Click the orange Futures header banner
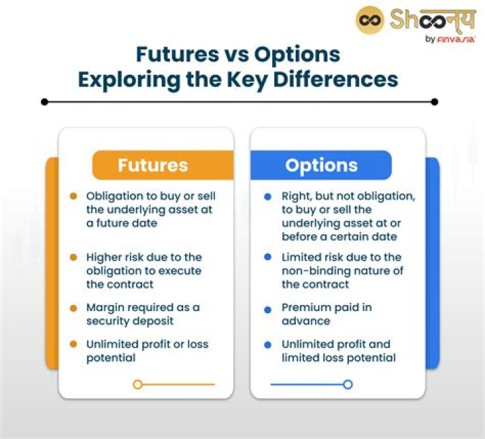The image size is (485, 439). (x=162, y=165)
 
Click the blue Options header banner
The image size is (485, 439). (x=321, y=165)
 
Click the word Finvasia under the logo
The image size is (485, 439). (x=458, y=39)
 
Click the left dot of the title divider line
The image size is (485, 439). (x=44, y=102)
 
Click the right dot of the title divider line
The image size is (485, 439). (x=434, y=102)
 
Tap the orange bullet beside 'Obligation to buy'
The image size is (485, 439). (x=73, y=196)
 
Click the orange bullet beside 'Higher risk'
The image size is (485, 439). (x=73, y=257)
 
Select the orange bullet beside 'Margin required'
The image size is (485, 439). (x=73, y=308)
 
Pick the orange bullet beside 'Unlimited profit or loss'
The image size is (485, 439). (x=73, y=344)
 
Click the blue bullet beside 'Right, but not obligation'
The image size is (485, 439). (x=267, y=196)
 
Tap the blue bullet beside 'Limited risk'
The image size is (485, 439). (x=267, y=257)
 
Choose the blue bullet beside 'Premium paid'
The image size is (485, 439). (x=267, y=308)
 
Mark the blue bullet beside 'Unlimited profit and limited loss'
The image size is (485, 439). (x=267, y=344)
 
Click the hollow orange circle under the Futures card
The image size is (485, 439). (x=137, y=384)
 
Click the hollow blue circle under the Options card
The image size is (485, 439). (x=348, y=384)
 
